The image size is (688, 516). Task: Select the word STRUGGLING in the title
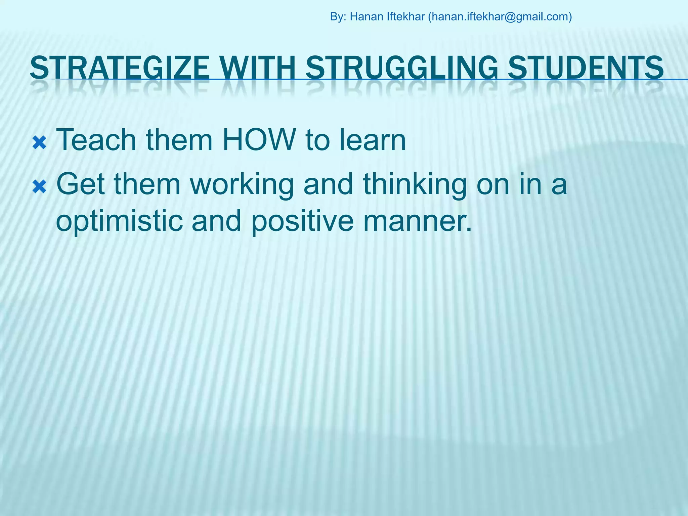[402, 68]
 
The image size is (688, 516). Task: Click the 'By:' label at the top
[338, 16]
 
